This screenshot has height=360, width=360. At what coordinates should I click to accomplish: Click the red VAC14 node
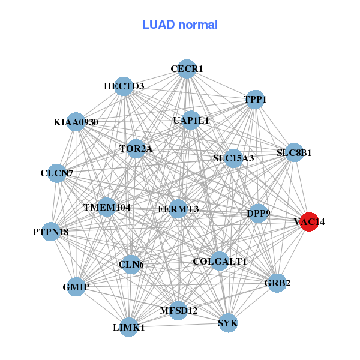(308, 221)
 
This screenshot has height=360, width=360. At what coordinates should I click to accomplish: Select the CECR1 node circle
(187, 68)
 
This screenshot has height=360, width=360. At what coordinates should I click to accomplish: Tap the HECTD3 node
(124, 86)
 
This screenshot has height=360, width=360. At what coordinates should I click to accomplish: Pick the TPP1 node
(256, 99)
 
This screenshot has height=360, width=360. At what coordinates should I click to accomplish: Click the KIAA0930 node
(76, 122)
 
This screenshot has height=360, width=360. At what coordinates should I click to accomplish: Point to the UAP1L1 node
(191, 120)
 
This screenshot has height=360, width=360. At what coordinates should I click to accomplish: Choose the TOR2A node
(136, 148)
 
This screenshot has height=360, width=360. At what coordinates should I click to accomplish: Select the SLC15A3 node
(233, 158)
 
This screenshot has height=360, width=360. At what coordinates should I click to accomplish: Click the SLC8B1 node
(294, 152)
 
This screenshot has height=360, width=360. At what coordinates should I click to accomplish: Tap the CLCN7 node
(57, 173)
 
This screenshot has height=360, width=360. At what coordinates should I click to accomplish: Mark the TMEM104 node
(107, 207)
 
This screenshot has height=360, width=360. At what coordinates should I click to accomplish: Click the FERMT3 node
(178, 208)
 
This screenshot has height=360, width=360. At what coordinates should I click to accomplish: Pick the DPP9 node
(258, 213)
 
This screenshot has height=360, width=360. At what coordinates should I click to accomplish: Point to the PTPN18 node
(51, 231)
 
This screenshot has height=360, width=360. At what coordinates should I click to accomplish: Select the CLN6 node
(131, 264)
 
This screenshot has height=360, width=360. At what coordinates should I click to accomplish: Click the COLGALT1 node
(220, 261)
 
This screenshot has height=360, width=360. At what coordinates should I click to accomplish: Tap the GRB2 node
(277, 283)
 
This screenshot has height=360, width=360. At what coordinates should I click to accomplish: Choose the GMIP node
(76, 287)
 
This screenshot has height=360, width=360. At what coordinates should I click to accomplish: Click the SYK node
(228, 323)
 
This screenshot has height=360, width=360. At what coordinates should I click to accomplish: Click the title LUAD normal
(180, 25)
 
